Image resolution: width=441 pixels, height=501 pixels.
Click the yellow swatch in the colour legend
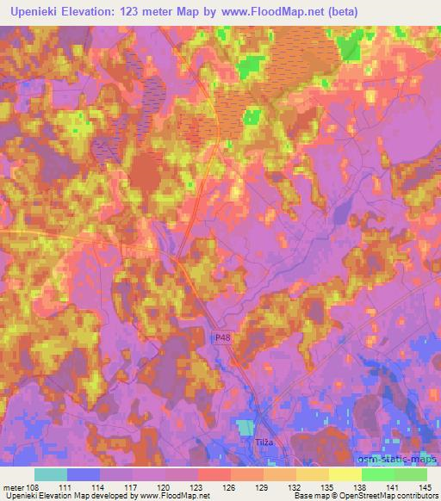pos(345,474)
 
